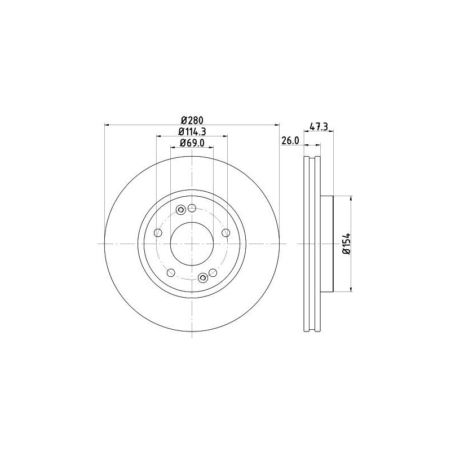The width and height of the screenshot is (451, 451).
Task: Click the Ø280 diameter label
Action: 192,120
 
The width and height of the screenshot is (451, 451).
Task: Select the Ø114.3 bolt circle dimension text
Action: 192,131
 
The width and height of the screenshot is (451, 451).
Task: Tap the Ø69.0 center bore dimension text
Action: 192,143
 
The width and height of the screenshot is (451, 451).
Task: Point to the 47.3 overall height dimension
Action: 319,127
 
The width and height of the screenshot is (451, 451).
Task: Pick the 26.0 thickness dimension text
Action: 289,142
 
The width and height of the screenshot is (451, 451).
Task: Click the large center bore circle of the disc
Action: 192,244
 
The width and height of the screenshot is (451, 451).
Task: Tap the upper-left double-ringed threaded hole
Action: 181,211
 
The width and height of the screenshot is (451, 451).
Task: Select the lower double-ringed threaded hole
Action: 202,277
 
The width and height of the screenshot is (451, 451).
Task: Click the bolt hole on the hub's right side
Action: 226,233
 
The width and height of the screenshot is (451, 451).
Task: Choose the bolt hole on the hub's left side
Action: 157,232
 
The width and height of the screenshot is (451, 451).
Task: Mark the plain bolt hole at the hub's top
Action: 192,207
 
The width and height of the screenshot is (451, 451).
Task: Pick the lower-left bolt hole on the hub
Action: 170,272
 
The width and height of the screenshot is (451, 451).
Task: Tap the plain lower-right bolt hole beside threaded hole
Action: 213,273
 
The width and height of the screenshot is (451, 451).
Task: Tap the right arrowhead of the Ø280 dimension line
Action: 277,125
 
